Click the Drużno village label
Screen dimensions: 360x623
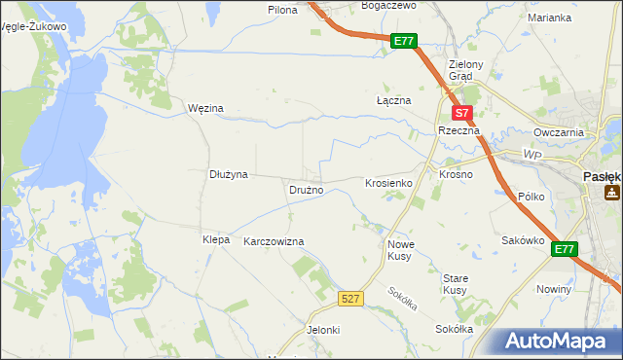[305, 190]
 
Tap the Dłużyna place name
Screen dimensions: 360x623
[230, 174]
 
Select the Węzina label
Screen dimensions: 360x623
[205, 108]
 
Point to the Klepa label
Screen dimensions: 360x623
[215, 239]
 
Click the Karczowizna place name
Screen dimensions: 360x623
[274, 240]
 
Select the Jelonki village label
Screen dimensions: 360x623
[323, 330]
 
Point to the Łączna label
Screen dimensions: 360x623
[394, 100]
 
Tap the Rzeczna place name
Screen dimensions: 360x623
[457, 129]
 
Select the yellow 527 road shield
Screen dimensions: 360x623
[352, 298]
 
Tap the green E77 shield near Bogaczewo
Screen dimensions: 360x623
[405, 42]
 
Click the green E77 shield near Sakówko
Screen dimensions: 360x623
[565, 250]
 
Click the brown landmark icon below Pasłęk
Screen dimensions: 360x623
[612, 193]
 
